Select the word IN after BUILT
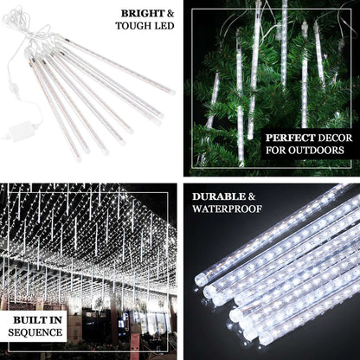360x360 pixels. point(55,321)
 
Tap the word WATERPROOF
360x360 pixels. point(227,209)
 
